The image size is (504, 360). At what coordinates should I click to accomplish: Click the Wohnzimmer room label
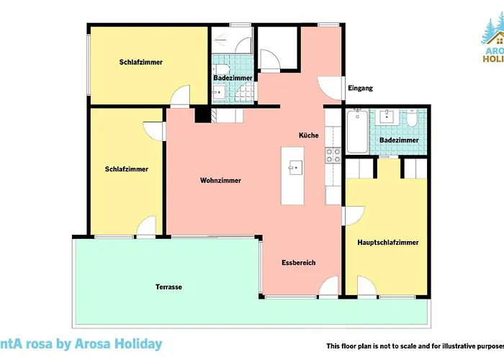coord(220,181)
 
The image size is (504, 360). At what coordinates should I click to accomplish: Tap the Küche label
coord(309,135)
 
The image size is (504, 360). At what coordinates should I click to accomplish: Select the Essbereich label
coord(298,263)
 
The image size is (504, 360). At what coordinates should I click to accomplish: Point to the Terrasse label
coord(168,287)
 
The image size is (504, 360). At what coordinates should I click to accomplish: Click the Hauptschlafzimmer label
coord(388,243)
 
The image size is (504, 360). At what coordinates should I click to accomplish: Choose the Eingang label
coord(360,89)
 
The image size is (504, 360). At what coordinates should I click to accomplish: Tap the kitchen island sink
coord(292,168)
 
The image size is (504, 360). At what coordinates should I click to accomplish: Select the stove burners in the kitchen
coord(333,153)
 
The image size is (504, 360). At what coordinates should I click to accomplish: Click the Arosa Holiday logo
coord(491,43)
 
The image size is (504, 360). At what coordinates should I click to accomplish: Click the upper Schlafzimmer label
coord(141,63)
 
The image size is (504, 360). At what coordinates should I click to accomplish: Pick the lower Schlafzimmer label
coord(127,169)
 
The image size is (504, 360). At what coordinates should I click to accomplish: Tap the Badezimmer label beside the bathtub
coord(399,140)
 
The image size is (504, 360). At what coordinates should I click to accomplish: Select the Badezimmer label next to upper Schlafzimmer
coord(233,78)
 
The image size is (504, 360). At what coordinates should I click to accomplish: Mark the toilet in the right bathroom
coord(411,118)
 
